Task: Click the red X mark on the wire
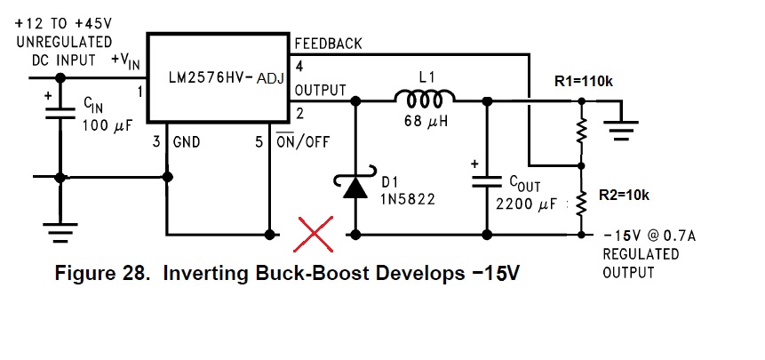click(x=314, y=234)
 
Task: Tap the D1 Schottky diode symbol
click(x=355, y=184)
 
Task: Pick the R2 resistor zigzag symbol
click(x=580, y=203)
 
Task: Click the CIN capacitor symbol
click(x=60, y=114)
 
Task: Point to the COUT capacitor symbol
click(x=486, y=181)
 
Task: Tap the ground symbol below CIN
click(x=60, y=232)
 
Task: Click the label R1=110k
click(x=584, y=82)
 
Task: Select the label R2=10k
click(x=624, y=196)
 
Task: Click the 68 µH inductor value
click(x=426, y=121)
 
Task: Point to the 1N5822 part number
click(x=409, y=199)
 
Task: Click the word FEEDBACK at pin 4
click(x=329, y=44)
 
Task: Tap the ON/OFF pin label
click(x=303, y=142)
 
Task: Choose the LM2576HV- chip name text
click(x=211, y=78)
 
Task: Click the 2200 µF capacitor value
click(x=526, y=204)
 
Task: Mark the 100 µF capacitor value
click(x=107, y=125)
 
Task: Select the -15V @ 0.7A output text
click(x=649, y=237)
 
